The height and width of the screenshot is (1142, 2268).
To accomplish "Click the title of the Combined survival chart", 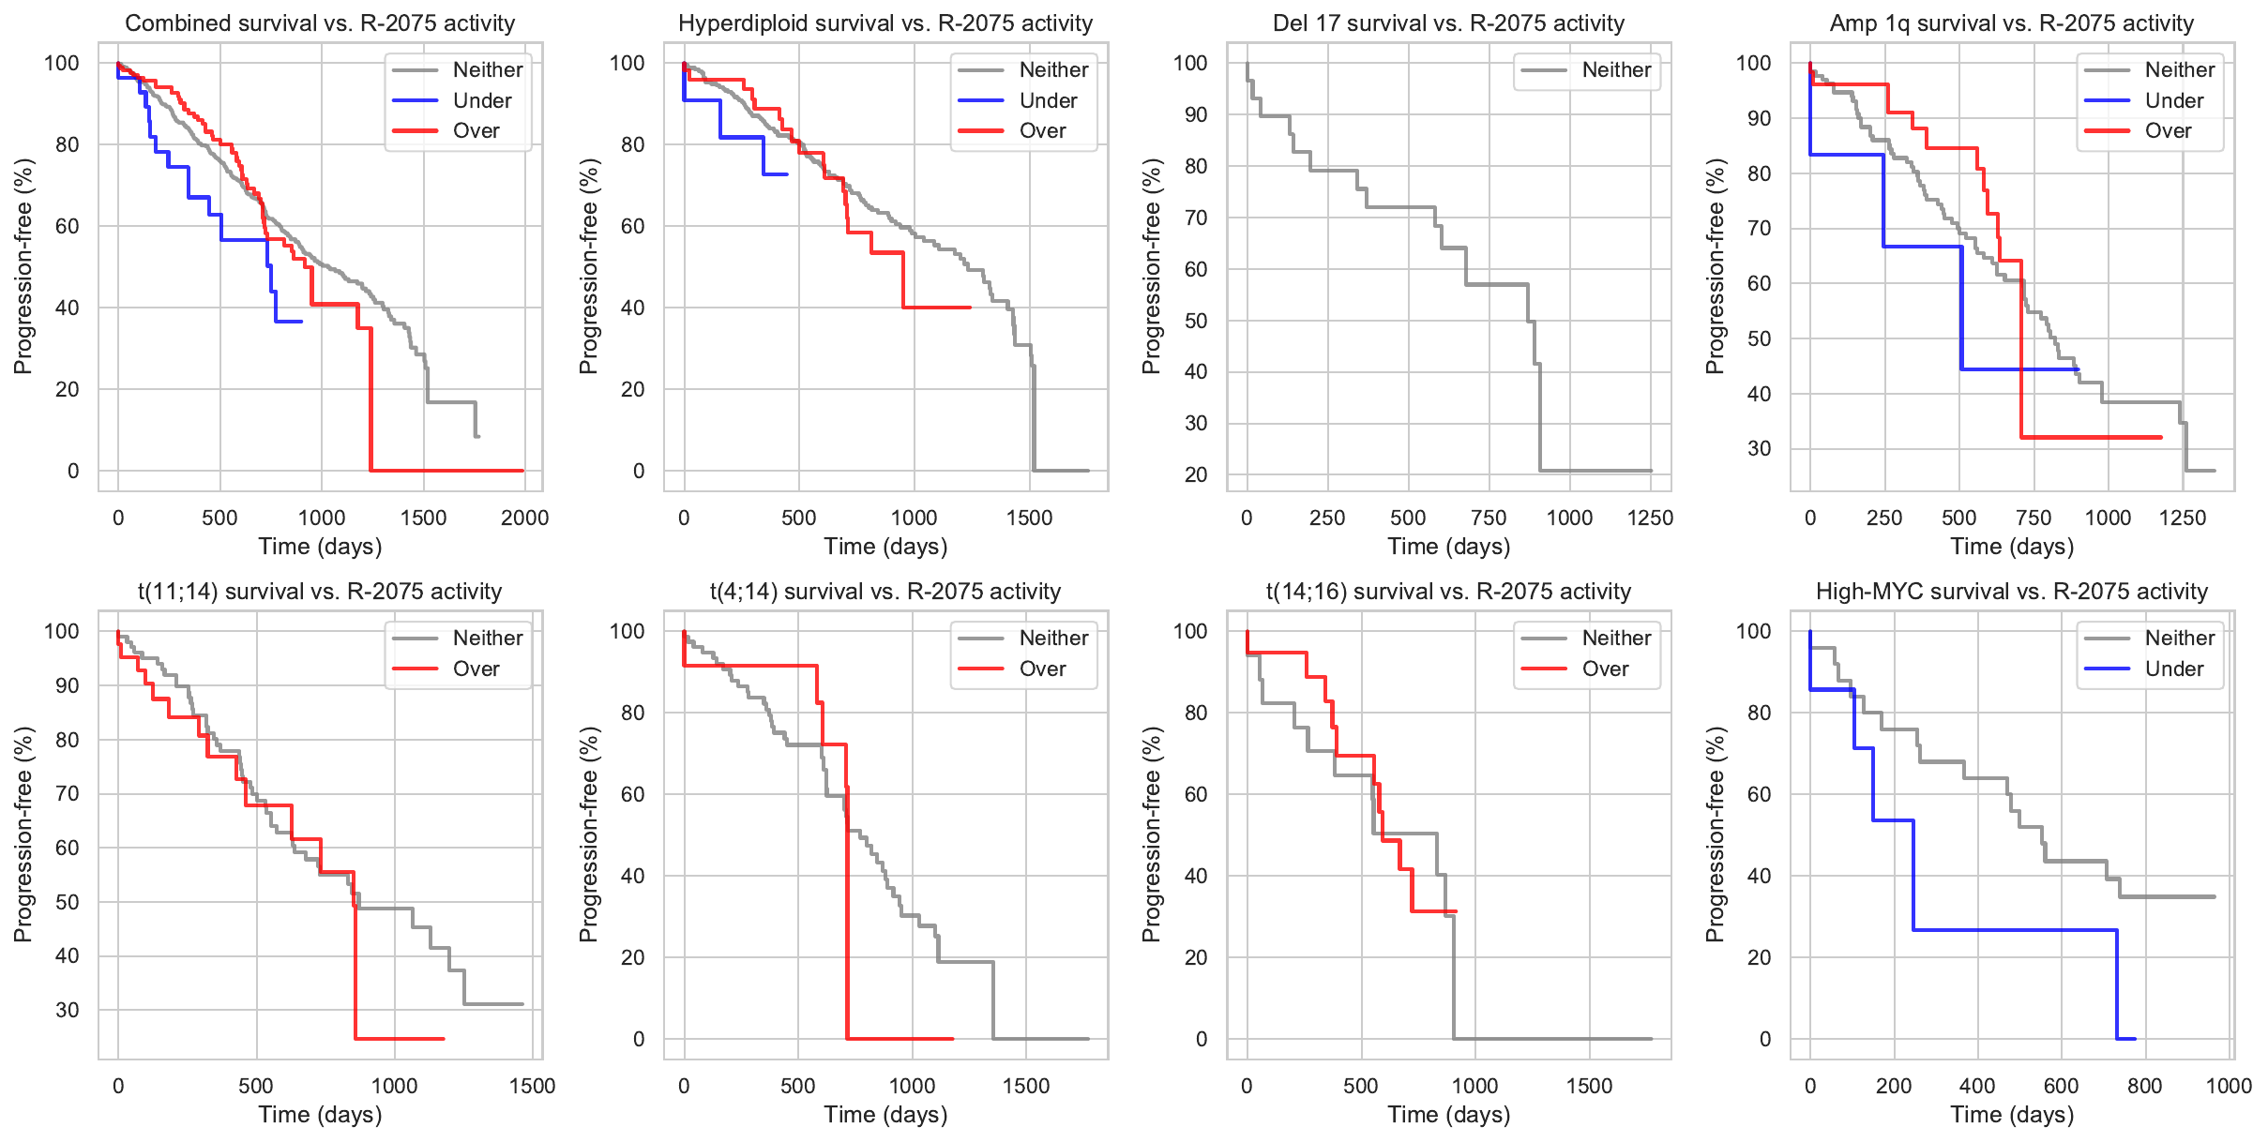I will click(320, 23).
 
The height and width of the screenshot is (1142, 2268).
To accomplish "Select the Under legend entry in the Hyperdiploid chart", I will click(1048, 100).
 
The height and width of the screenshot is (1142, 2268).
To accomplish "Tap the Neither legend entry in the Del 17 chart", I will click(1616, 69).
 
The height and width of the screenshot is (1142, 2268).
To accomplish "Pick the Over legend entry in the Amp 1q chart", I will click(2168, 131).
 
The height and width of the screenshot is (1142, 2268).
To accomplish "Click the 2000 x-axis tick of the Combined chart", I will click(524, 518).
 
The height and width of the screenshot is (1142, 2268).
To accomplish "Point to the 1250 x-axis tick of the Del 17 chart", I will click(1650, 518).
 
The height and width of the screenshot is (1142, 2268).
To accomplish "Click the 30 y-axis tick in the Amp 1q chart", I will click(1760, 449).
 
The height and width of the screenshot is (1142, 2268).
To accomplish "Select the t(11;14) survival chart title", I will click(320, 592).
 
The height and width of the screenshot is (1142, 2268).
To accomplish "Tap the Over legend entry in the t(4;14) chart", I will click(1042, 669).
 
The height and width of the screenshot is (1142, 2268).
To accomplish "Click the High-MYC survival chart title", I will click(2012, 592).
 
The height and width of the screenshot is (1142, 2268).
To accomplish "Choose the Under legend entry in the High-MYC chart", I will click(2173, 669).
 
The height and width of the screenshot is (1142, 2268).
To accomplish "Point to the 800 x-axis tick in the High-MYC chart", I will click(2145, 1086).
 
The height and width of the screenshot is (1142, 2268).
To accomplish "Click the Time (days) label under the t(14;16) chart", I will click(1449, 1115).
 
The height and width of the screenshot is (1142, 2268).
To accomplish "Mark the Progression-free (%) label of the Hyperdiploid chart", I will click(588, 266).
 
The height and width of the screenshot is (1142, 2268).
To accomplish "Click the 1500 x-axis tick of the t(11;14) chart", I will click(532, 1086).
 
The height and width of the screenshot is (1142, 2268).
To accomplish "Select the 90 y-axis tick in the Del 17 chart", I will click(1196, 115).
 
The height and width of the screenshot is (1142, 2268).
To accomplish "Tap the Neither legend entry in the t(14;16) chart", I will click(1616, 639).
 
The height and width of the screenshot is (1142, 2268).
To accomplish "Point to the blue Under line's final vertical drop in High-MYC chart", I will click(2117, 984).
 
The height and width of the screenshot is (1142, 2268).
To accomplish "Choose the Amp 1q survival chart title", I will click(2012, 23).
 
